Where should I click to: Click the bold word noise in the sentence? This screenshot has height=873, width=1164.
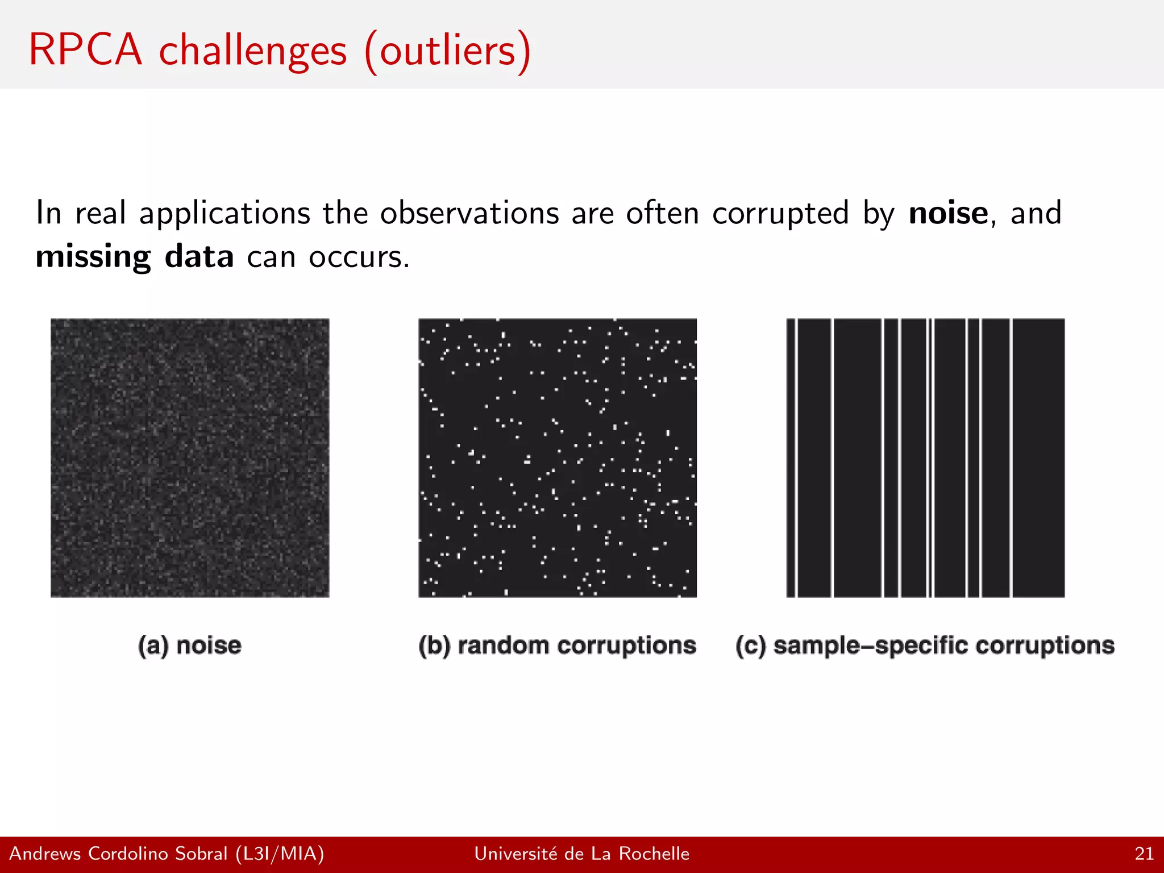coord(948,214)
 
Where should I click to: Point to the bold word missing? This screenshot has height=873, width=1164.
coord(93,257)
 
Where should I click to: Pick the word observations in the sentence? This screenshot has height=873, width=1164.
coord(469,214)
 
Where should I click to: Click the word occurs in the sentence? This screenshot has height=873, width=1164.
coord(358,257)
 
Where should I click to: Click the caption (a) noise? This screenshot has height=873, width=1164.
coord(190,646)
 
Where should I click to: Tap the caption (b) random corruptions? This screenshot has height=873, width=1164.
coord(557,646)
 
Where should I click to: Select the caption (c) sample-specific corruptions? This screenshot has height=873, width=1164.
coord(925,646)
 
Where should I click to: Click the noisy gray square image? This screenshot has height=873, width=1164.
coord(190,458)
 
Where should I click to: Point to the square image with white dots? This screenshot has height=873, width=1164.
coord(558,458)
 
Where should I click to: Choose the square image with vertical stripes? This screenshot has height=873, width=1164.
coord(925,458)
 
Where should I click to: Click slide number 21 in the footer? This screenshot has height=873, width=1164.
coord(1144,854)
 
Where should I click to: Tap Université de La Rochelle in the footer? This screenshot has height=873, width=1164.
coord(581,854)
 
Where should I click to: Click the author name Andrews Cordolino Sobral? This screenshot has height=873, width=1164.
coord(118,854)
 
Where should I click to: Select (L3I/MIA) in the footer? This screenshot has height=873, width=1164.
coord(280,854)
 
